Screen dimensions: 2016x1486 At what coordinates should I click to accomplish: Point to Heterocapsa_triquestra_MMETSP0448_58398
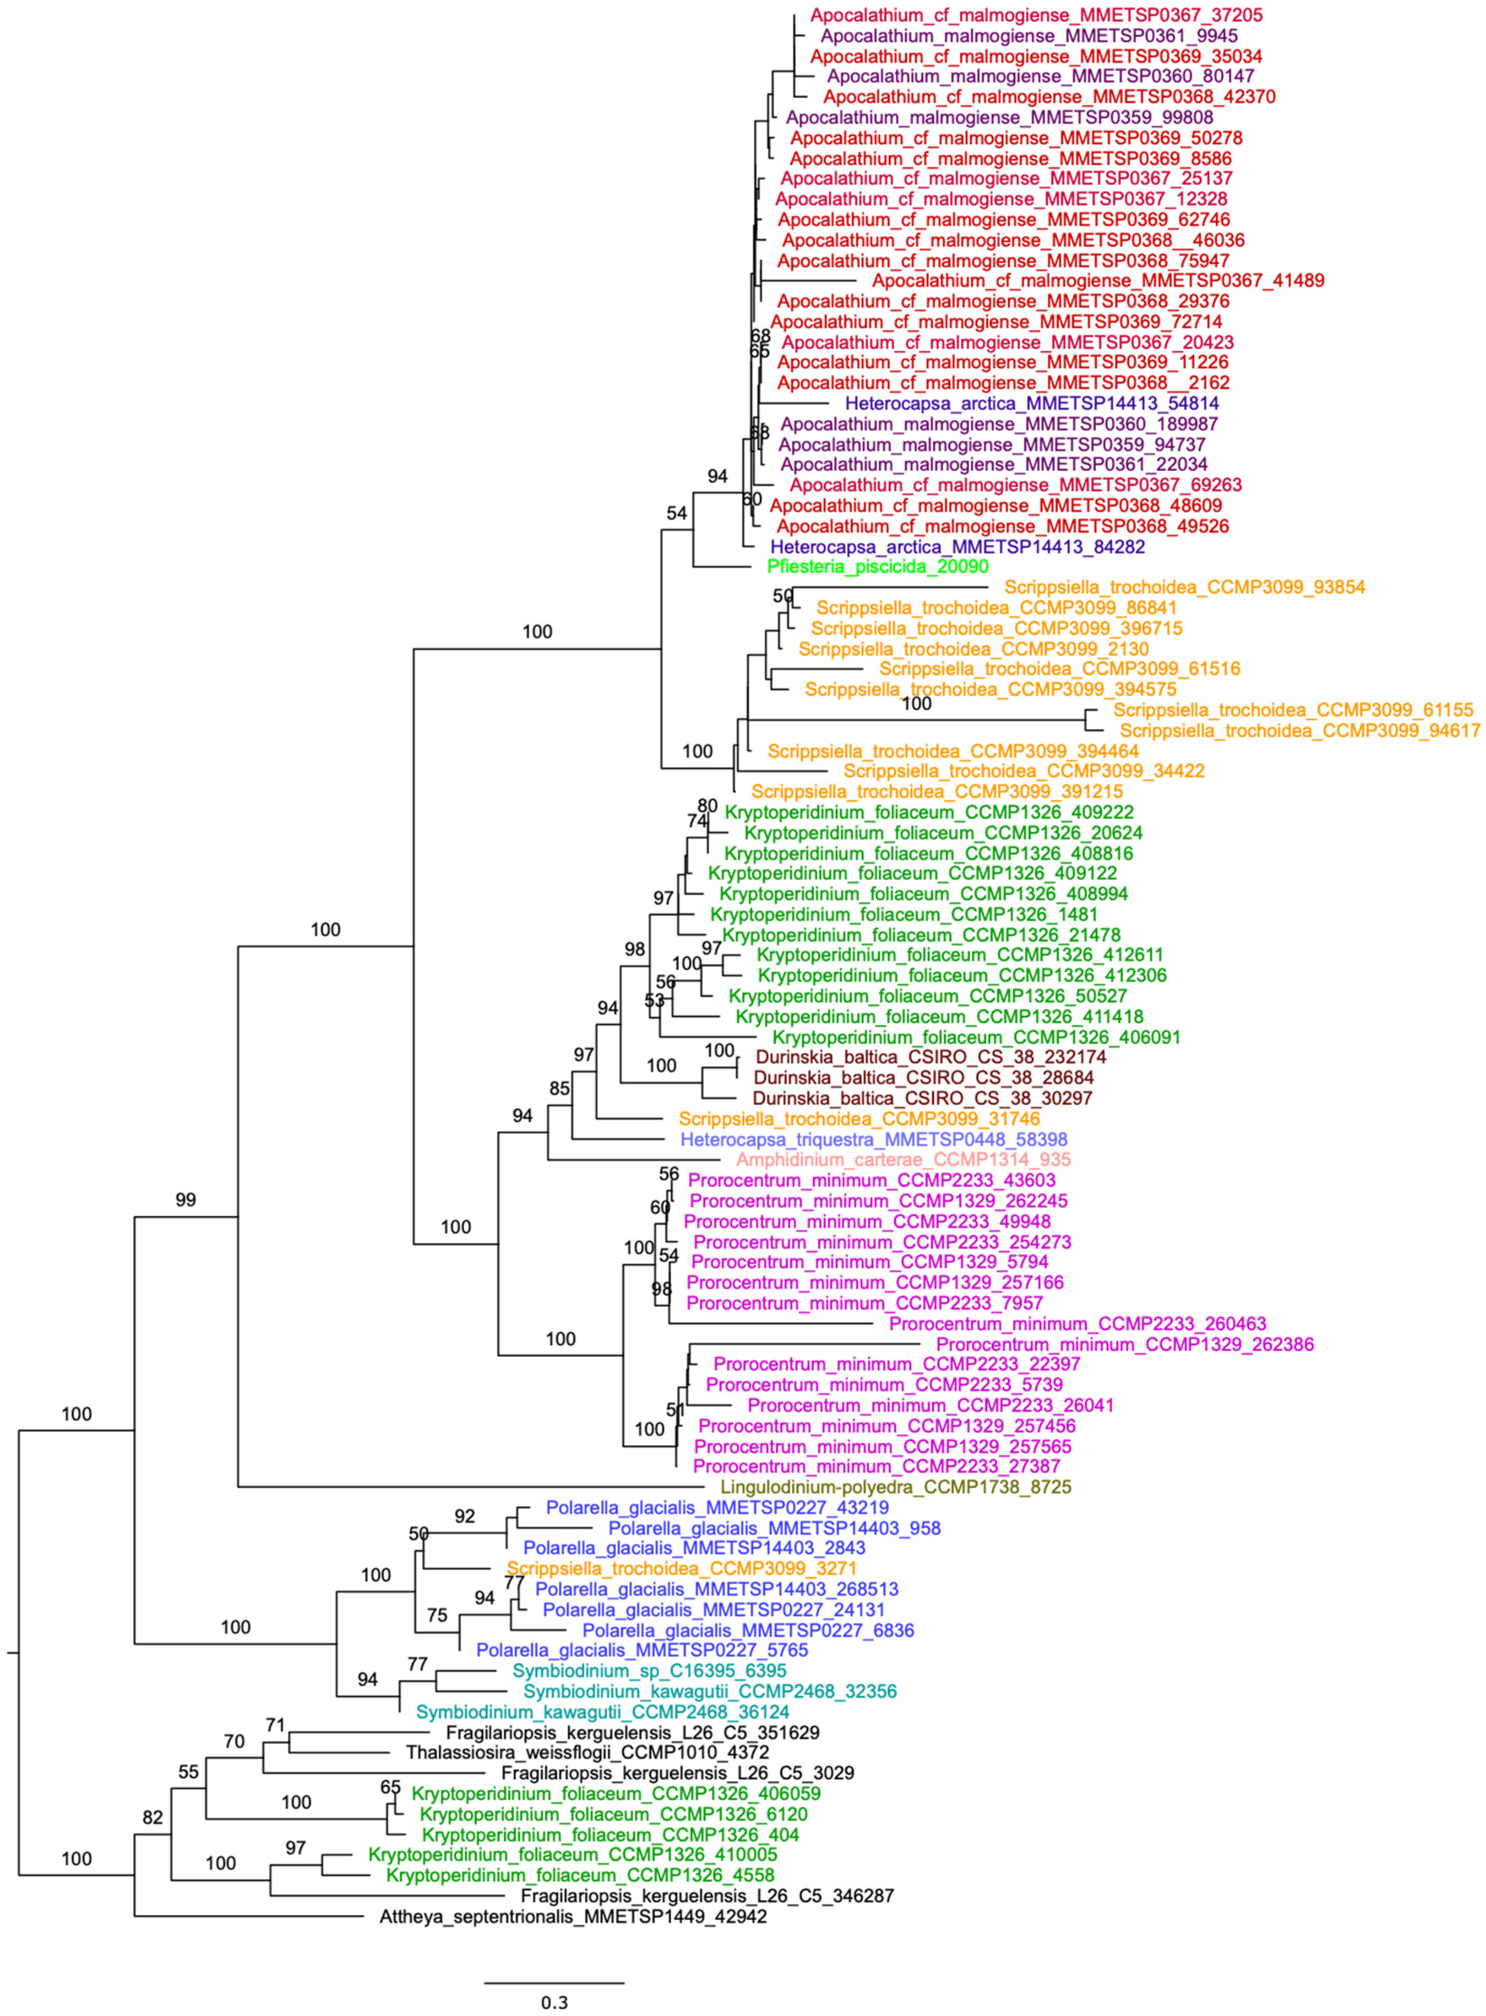874,1140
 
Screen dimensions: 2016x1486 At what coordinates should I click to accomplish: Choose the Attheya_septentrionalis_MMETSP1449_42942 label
573,1917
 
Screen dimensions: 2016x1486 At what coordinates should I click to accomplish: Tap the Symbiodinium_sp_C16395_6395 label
650,1670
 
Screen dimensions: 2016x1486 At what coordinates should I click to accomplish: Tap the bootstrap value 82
153,1817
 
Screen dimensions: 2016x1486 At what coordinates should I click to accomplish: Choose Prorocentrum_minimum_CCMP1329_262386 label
1124,1344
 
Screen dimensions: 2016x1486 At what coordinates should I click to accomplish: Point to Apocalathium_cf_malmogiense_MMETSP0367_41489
1098,281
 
